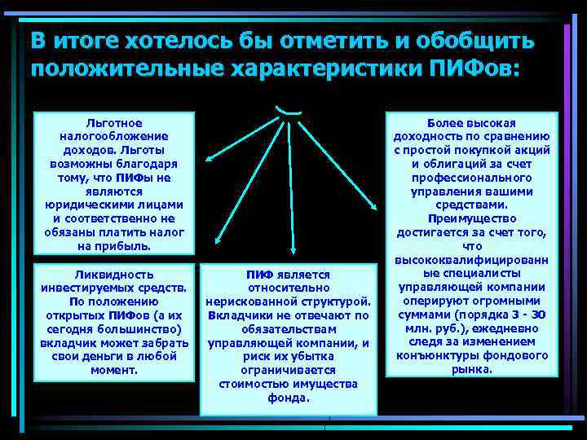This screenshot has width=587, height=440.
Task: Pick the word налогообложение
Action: pos(113,135)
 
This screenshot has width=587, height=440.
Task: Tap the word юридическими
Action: pos(113,205)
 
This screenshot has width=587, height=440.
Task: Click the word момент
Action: pos(113,371)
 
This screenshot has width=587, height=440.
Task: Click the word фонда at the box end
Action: pos(289,398)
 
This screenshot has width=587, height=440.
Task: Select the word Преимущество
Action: pos(473,218)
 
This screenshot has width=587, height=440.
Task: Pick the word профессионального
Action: pos(473,177)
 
